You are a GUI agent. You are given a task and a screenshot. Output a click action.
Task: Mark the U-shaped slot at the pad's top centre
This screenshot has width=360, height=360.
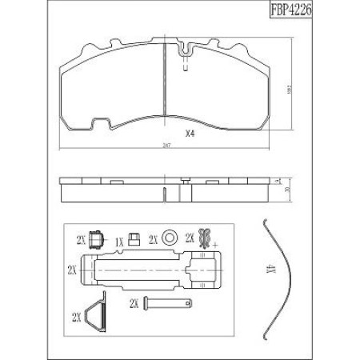[186, 56]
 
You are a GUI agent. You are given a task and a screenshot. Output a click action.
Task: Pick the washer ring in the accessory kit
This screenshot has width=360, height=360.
[169, 238]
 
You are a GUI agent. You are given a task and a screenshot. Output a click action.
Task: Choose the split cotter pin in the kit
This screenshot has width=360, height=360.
[205, 238]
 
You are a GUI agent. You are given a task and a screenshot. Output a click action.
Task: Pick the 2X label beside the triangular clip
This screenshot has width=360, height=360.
[78, 318]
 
